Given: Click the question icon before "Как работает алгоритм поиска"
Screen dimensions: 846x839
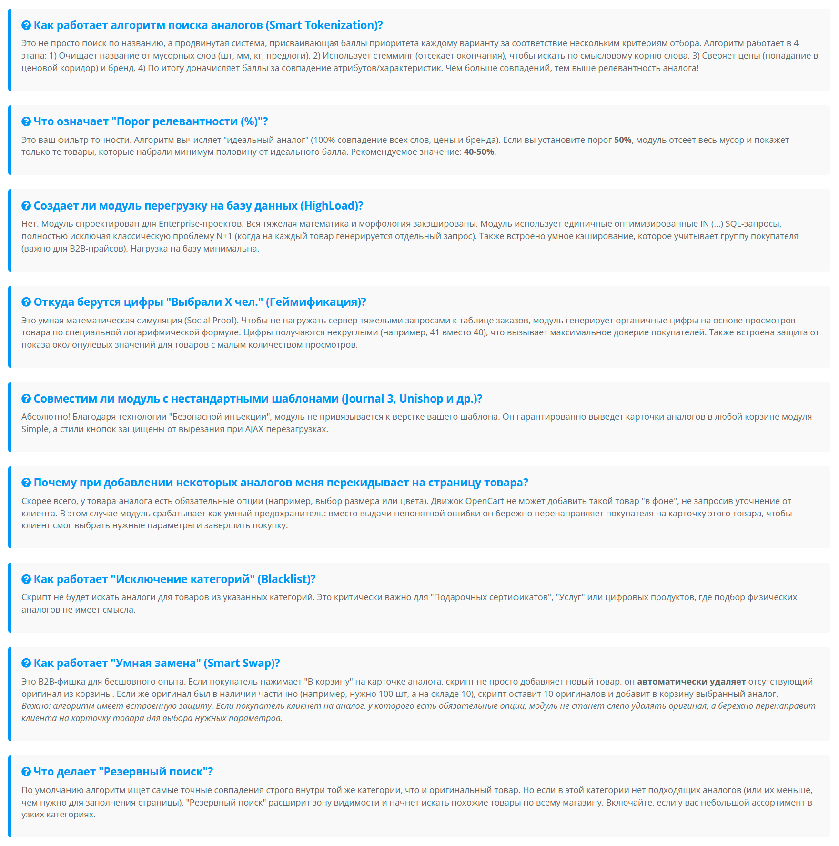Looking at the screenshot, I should tap(26, 25).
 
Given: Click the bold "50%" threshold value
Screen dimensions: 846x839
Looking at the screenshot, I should tap(623, 140).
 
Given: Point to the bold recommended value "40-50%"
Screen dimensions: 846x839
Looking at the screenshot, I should tap(479, 152).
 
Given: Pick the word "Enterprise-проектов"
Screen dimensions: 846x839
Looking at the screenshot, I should tap(200, 224).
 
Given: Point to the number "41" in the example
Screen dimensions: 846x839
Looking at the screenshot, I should tap(435, 332).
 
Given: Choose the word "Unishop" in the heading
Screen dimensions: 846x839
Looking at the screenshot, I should tap(421, 399).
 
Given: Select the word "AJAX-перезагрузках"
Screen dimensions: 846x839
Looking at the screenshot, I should tap(286, 429).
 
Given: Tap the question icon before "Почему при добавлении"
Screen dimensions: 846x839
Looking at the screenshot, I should tap(26, 483).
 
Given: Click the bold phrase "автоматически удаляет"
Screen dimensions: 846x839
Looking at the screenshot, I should tap(691, 682).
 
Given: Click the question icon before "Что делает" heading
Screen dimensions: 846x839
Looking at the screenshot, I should tap(26, 772).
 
